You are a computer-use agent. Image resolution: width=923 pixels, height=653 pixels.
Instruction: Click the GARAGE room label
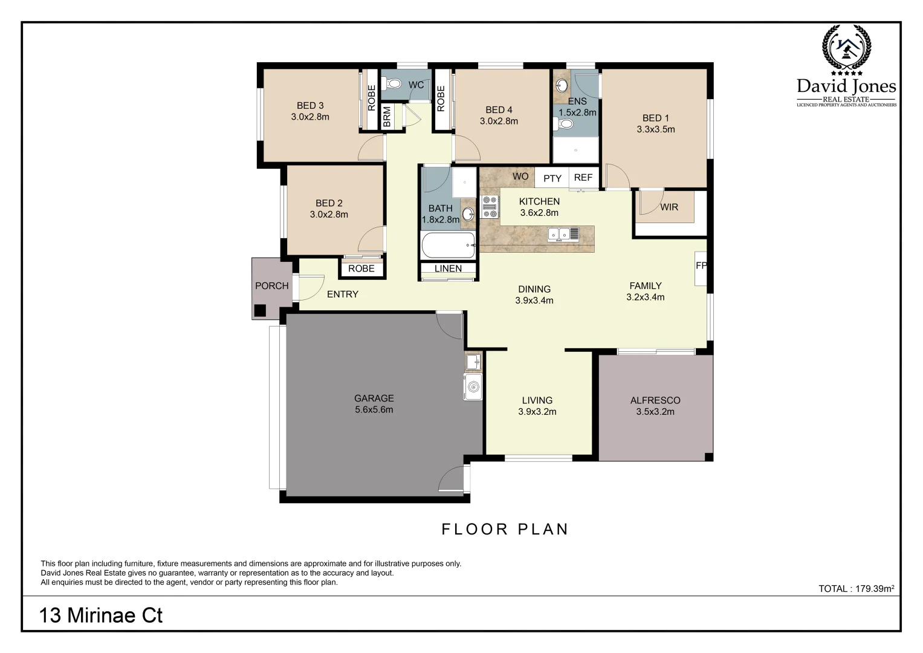click(374, 398)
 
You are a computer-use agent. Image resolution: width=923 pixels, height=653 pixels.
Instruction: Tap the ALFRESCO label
click(655, 400)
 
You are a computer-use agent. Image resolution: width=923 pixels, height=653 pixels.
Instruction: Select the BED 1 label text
click(655, 118)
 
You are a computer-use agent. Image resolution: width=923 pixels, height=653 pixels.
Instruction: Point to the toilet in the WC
click(393, 83)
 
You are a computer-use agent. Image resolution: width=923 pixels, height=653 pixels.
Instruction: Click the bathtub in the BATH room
click(448, 245)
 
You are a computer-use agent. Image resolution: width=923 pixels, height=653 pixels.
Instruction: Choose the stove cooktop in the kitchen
click(490, 206)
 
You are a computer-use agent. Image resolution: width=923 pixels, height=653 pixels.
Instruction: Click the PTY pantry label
click(552, 178)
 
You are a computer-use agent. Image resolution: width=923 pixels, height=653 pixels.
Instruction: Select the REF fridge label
click(583, 178)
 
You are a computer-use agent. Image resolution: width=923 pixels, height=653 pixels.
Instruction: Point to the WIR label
click(669, 207)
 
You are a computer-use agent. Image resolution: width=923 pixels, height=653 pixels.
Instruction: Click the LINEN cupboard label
click(448, 268)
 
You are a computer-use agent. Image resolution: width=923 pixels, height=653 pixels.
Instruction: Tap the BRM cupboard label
click(387, 117)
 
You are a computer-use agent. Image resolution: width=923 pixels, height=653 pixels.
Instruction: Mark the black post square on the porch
click(260, 311)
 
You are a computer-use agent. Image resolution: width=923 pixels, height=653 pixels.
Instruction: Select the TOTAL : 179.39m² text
click(856, 588)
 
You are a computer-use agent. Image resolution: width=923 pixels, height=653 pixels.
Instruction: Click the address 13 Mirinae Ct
click(101, 615)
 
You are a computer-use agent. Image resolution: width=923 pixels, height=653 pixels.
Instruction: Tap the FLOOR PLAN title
click(505, 529)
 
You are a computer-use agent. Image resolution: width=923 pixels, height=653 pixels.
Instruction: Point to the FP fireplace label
click(701, 265)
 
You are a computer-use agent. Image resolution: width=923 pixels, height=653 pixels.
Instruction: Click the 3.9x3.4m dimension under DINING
click(534, 301)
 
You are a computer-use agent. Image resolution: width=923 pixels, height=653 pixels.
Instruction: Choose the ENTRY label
click(343, 294)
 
